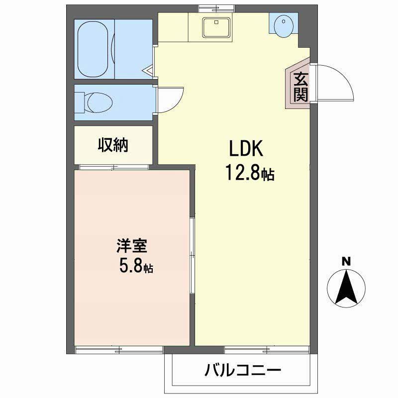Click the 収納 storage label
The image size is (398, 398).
pos(112,145)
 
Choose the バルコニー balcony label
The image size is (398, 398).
pos(243,371)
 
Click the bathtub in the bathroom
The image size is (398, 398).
pos(95,48)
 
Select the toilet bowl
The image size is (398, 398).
pos(98,102)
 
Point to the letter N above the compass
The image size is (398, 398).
pos(346,261)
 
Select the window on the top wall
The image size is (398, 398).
pos(215,7)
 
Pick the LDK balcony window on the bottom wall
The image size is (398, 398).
pos(269,349)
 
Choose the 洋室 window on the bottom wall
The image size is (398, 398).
pos(119,349)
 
